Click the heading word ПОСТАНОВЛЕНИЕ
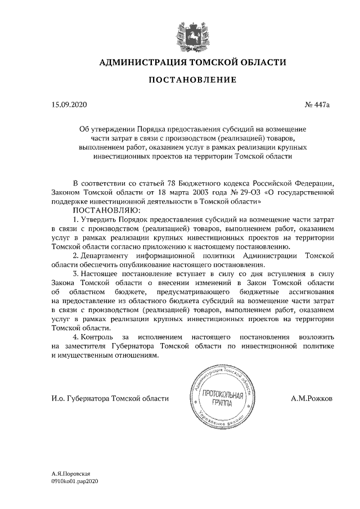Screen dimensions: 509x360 (x=192, y=80)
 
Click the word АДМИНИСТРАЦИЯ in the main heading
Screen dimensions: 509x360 (x=145, y=62)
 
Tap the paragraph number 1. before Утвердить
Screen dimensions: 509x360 (x=76, y=219)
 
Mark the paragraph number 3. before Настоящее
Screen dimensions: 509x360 (x=76, y=273)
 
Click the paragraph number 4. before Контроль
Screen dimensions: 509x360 (x=76, y=336)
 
